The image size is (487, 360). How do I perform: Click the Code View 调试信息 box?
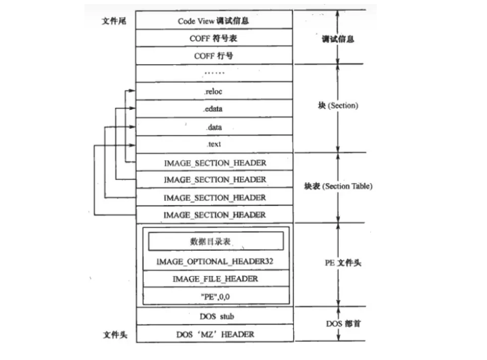pos(214,21)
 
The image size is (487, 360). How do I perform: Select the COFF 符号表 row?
pos(214,38)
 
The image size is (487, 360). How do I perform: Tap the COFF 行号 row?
pos(214,56)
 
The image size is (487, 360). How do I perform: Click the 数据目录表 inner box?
pos(215,242)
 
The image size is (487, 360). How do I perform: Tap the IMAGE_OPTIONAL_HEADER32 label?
pos(215,261)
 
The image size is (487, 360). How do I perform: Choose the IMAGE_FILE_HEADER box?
pos(215,279)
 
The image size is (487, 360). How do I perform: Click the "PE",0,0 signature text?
pos(215,296)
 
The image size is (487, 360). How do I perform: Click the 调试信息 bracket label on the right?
pos(338,39)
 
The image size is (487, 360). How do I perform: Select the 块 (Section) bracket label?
pos(338,106)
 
